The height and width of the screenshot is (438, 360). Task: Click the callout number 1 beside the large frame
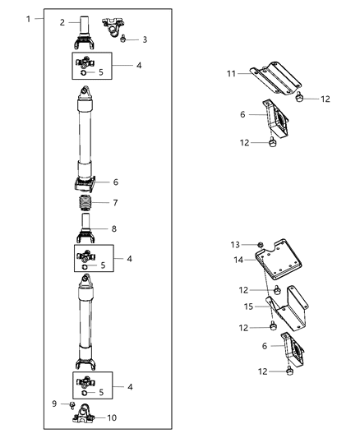click(x=29, y=18)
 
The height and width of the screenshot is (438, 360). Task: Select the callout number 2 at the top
click(x=62, y=23)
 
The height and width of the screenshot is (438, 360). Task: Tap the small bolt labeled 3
click(x=122, y=38)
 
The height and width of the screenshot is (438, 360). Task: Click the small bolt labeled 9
click(x=72, y=405)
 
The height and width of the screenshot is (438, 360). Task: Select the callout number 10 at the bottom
click(x=113, y=417)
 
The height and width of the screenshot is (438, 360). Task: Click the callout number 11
click(x=233, y=74)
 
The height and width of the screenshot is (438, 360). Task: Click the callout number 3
click(x=145, y=39)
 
